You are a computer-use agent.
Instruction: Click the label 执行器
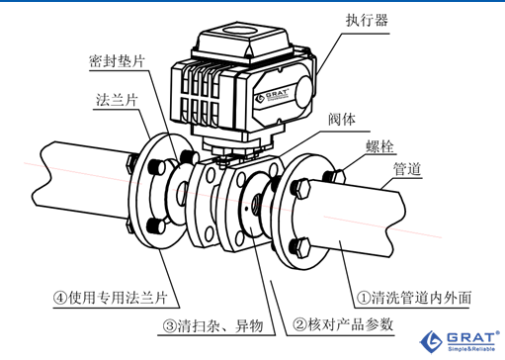click(367, 20)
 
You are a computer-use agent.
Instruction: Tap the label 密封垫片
click(117, 61)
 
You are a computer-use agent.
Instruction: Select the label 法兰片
click(117, 100)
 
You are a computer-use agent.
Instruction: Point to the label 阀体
click(342, 120)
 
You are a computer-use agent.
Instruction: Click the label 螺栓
click(379, 146)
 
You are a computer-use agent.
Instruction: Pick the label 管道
click(407, 169)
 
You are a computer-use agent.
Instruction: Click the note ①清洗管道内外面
click(414, 298)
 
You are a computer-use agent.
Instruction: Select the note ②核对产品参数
click(343, 324)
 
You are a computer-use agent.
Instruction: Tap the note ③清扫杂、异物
click(213, 326)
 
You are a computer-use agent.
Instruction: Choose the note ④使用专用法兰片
click(111, 298)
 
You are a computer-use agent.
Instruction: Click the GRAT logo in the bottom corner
click(460, 341)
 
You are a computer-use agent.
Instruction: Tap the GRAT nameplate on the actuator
click(273, 95)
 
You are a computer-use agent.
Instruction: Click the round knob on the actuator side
click(303, 92)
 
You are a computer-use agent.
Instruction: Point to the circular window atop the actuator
click(239, 30)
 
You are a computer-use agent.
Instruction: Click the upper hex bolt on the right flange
click(299, 188)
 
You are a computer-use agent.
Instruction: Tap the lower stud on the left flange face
click(155, 225)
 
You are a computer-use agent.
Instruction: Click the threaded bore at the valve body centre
click(256, 202)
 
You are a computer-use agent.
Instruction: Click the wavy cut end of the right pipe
click(395, 225)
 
